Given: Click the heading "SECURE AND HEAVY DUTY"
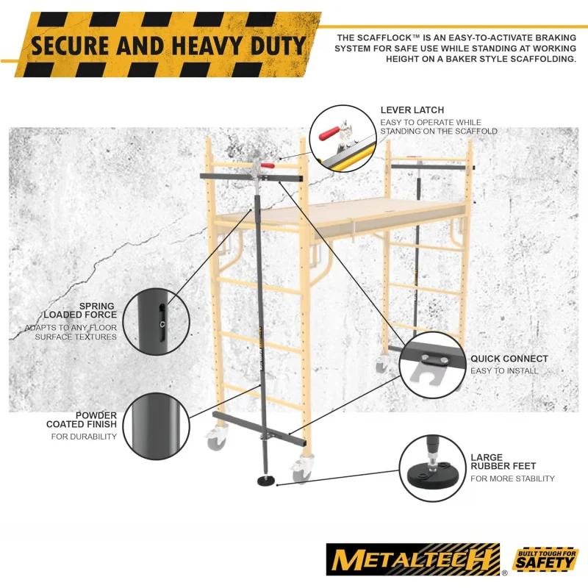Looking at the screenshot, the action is (168, 46).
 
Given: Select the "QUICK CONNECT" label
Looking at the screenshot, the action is (509, 359).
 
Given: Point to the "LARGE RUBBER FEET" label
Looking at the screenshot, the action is (503, 462).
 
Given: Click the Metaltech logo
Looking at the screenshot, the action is (415, 559).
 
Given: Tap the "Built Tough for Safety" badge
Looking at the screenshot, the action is (545, 560).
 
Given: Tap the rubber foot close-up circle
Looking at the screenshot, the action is (433, 468).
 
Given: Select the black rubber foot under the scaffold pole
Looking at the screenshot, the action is (265, 481).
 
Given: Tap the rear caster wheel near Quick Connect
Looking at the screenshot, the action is (381, 365).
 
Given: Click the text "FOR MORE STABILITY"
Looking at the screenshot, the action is (512, 478).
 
